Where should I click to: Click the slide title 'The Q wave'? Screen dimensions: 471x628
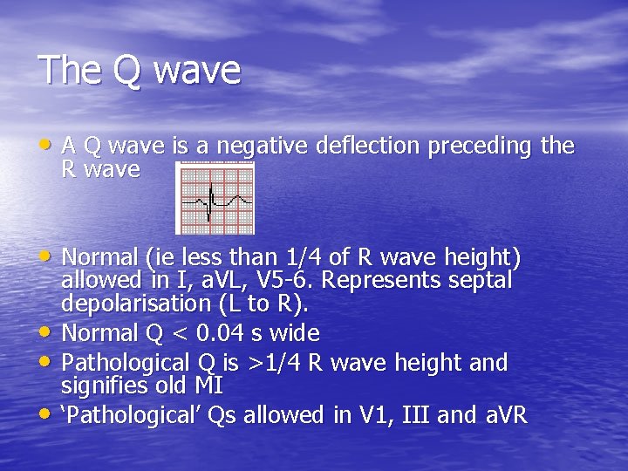tap(140, 70)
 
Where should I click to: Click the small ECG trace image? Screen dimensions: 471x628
tap(215, 198)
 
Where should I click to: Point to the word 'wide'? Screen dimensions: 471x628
tap(294, 333)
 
